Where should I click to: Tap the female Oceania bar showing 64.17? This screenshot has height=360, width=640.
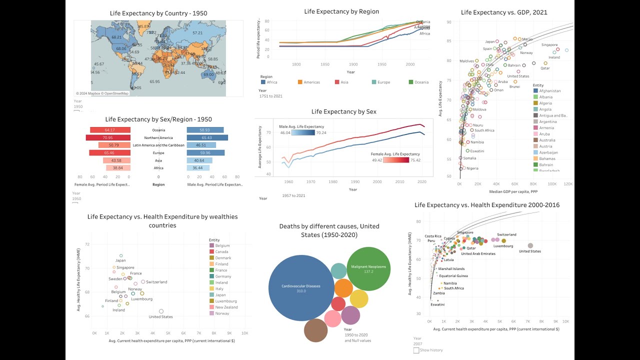pyautogui.click(x=110, y=130)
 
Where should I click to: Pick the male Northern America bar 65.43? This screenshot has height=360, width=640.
pyautogui.click(x=207, y=137)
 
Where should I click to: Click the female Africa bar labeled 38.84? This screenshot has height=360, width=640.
pyautogui.click(x=117, y=168)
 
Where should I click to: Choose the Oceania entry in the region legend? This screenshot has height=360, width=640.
pyautogui.click(x=418, y=82)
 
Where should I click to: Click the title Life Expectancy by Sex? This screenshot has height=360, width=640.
pyautogui.click(x=343, y=111)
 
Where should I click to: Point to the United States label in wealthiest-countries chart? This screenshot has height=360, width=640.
pyautogui.click(x=160, y=316)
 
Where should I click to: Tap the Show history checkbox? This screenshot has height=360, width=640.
pyautogui.click(x=416, y=350)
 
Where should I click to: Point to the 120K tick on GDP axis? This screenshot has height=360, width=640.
pyautogui.click(x=567, y=184)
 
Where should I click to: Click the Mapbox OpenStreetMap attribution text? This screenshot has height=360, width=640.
pyautogui.click(x=102, y=93)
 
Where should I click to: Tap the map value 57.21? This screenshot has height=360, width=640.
pyautogui.click(x=198, y=33)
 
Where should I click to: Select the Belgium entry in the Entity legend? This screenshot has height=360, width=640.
pyautogui.click(x=221, y=245)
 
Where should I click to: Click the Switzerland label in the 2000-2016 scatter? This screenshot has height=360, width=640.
pyautogui.click(x=506, y=234)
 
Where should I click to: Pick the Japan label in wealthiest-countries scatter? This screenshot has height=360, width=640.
pyautogui.click(x=120, y=260)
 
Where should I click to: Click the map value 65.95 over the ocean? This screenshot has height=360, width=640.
pyautogui.click(x=154, y=81)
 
